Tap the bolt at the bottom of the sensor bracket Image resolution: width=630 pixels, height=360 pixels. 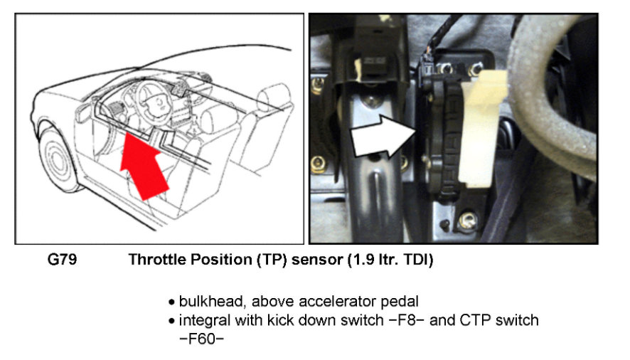(x=466, y=221)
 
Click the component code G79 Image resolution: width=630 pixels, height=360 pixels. (x=62, y=260)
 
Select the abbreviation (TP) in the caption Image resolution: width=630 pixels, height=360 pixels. (x=263, y=260)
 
